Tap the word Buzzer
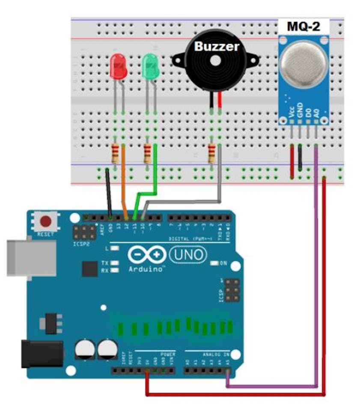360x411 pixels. point(217,46)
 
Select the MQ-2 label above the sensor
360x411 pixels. point(303,27)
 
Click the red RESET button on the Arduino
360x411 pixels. point(46,221)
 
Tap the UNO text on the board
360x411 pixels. point(188,255)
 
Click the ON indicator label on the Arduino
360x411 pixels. point(223,263)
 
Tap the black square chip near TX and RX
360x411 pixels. point(90,269)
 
